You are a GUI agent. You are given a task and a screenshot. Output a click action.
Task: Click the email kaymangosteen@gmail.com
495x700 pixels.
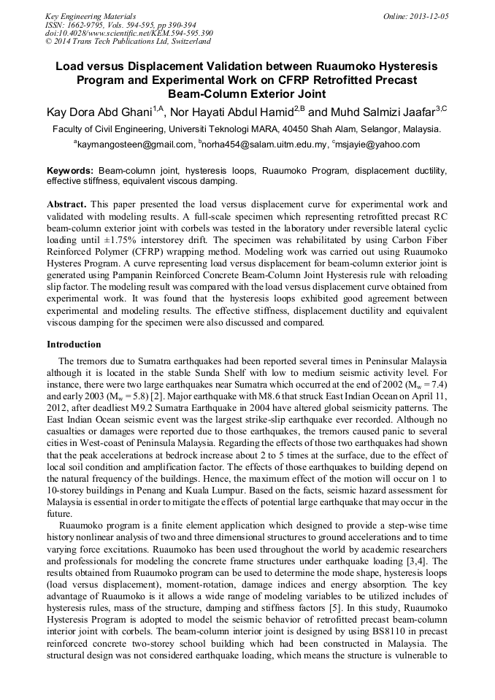(136, 145)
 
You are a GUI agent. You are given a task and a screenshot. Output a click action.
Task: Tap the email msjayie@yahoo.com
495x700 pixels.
(378, 145)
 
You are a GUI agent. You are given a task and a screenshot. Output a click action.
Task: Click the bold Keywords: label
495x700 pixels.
(70, 169)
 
